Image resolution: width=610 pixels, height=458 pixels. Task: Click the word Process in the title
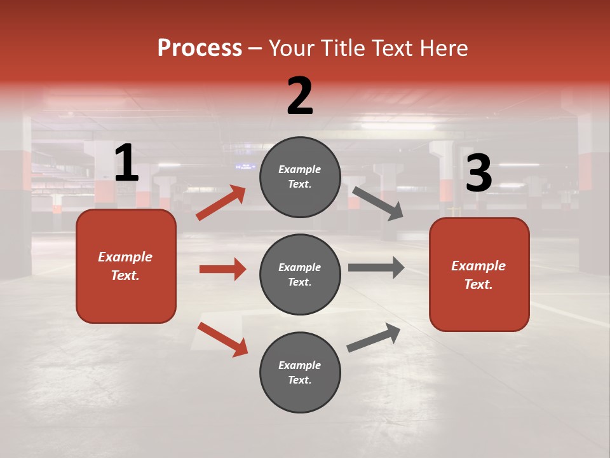click(200, 48)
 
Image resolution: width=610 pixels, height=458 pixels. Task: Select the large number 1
click(126, 163)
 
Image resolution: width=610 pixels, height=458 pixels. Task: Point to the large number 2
click(300, 96)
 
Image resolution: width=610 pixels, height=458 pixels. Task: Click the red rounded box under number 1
click(126, 266)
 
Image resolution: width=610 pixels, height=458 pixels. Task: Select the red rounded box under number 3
click(479, 275)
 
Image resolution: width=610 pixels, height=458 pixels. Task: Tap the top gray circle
click(300, 177)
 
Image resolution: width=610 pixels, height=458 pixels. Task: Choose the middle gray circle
click(300, 275)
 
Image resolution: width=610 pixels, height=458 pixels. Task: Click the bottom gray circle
click(300, 373)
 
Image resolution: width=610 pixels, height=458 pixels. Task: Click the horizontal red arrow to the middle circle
click(222, 269)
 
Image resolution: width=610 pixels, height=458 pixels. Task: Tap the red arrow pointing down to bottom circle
click(222, 339)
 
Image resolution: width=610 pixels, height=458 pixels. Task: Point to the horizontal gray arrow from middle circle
click(376, 268)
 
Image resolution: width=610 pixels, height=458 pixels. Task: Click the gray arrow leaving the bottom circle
click(374, 338)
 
